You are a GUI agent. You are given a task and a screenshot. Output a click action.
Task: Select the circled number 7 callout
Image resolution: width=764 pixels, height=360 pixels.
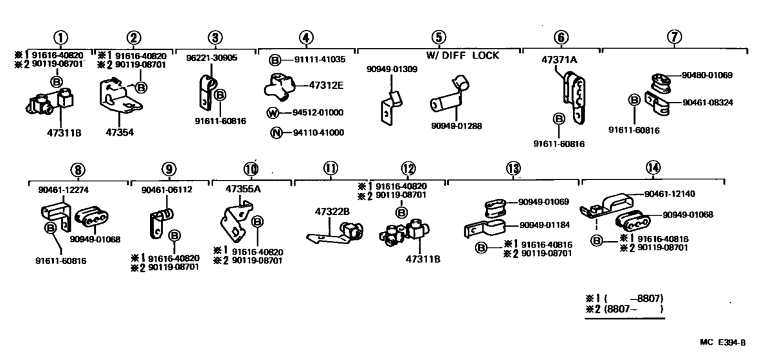click(674, 37)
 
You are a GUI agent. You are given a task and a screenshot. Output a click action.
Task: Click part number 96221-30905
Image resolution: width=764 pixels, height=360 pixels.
click(212, 57)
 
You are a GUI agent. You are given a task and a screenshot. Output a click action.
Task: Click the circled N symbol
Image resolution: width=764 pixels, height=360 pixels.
click(275, 132)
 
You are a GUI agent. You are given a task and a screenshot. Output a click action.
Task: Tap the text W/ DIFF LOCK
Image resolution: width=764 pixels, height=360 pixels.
click(462, 56)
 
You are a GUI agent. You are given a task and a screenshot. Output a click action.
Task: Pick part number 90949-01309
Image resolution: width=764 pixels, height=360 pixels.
click(392, 69)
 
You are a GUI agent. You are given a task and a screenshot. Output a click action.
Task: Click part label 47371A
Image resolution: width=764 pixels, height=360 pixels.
click(559, 59)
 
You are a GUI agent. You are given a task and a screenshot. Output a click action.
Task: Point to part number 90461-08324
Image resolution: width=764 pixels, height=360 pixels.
click(708, 102)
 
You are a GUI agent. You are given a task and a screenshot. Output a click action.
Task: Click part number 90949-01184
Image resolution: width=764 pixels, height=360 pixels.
click(543, 226)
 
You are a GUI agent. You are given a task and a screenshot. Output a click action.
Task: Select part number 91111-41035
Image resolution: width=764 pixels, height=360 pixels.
click(319, 59)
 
